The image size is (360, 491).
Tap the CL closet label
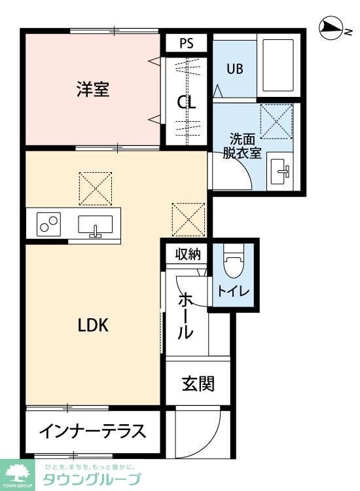tap(186, 102)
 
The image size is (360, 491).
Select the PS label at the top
tap(185, 43)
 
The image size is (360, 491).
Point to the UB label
tap(235, 69)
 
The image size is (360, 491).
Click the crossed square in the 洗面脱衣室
tap(276, 121)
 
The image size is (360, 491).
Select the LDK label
tap(93, 325)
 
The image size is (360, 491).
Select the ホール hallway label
tap(186, 316)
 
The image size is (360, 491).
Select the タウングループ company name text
tap(92, 479)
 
